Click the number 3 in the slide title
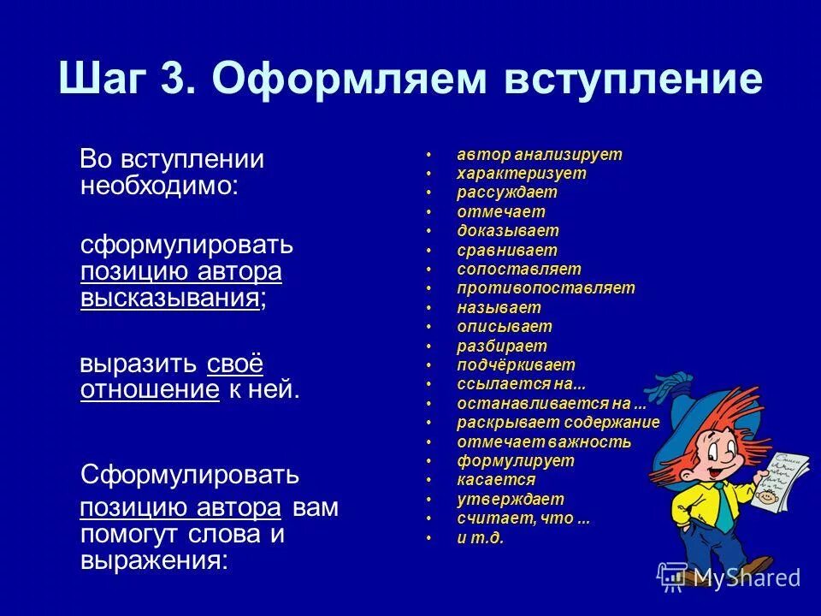point(178,80)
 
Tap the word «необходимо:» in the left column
point(159,186)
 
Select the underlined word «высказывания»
point(170,299)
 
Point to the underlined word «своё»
point(234,363)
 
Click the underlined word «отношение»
point(150,389)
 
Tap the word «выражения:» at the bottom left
point(154,561)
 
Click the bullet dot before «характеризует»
point(429,175)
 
